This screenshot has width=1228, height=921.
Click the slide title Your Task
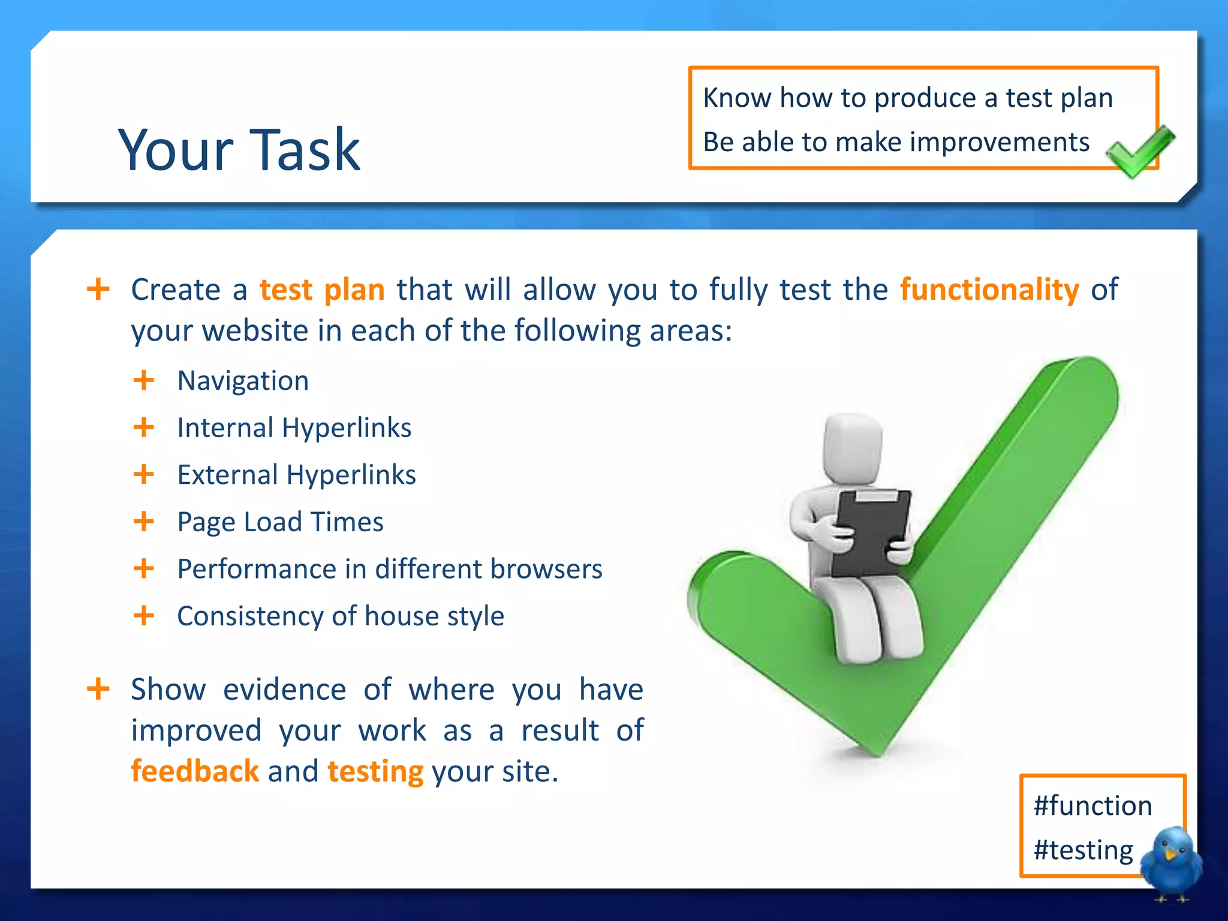[239, 150]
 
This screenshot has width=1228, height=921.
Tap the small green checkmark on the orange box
[1139, 151]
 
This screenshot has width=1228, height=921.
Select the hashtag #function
[1092, 805]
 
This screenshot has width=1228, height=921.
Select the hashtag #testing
[1083, 850]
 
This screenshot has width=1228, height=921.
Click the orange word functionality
[989, 290]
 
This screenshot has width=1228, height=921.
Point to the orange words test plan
[322, 290]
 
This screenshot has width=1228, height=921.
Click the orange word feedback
[195, 771]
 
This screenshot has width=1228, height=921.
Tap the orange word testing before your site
[375, 771]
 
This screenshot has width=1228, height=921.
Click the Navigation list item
[243, 381]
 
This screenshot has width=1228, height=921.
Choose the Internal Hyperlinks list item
[294, 428]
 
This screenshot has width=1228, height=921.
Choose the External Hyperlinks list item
[296, 475]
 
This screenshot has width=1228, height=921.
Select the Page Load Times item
[280, 522]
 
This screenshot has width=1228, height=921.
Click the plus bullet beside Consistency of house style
[144, 616]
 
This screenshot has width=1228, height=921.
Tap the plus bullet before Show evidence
[98, 689]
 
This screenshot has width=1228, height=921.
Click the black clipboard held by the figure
[869, 531]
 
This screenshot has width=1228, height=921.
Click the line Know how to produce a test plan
[907, 98]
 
